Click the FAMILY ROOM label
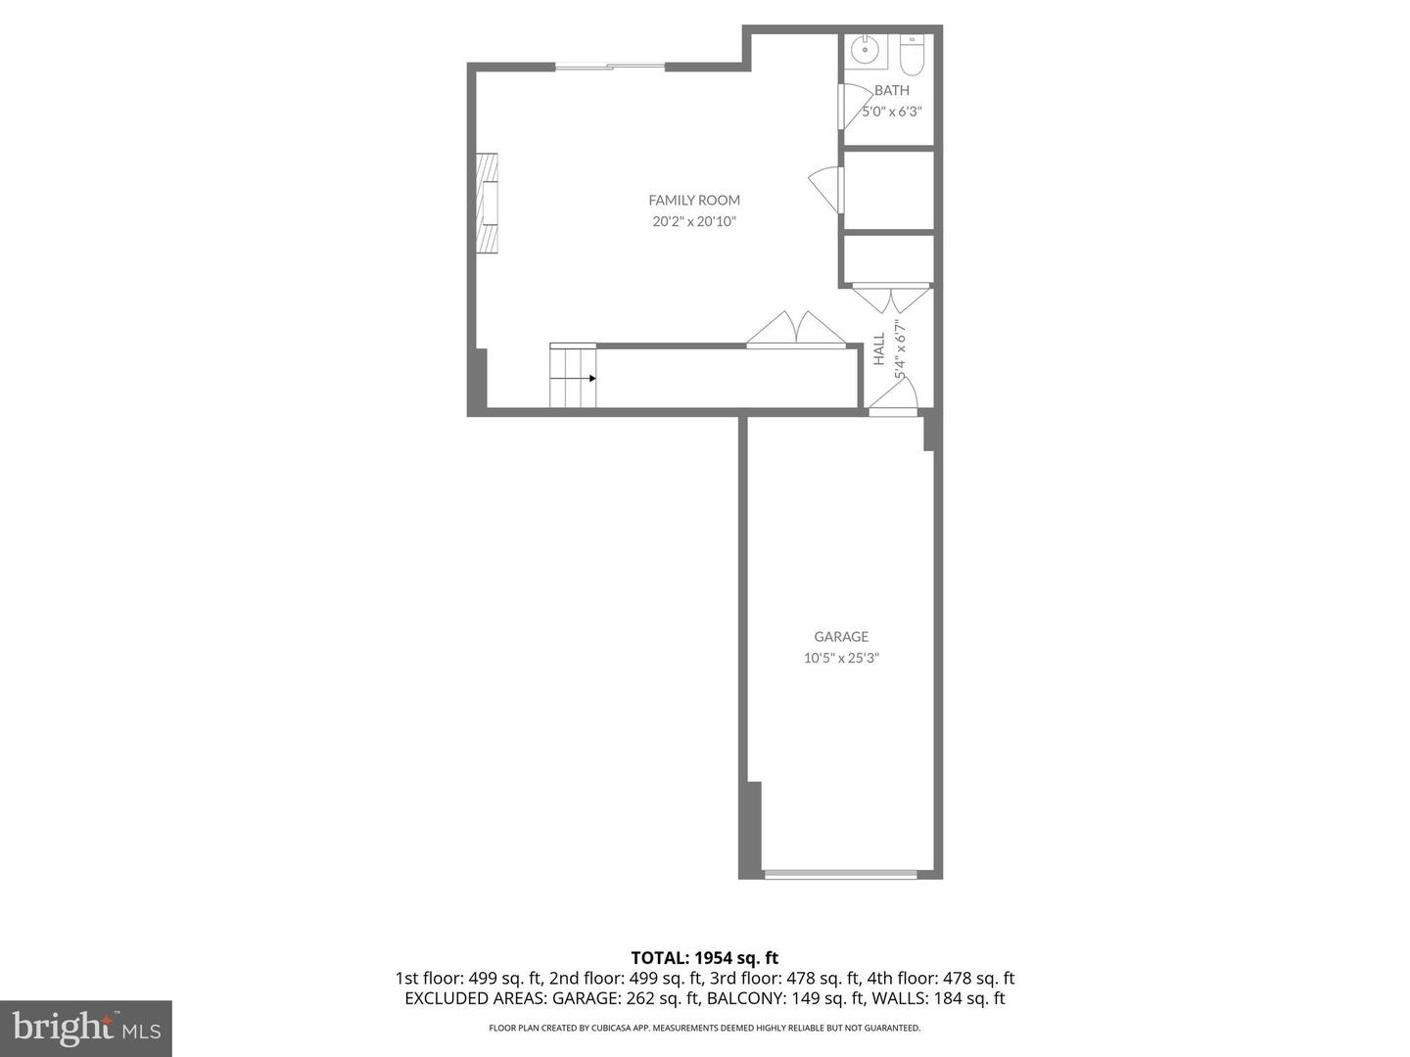(694, 201)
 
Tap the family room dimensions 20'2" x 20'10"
(694, 222)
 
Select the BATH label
(891, 90)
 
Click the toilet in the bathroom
(912, 56)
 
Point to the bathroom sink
(865, 50)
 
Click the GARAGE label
(841, 637)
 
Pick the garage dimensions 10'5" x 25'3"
(841, 659)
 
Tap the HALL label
(879, 349)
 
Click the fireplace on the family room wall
(487, 203)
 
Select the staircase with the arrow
(573, 376)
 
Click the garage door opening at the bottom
(840, 873)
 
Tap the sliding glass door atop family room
(610, 67)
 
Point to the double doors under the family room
(796, 330)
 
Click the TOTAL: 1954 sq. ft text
(704, 958)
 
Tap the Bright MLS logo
(86, 1028)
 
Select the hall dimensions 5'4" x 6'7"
(900, 349)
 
